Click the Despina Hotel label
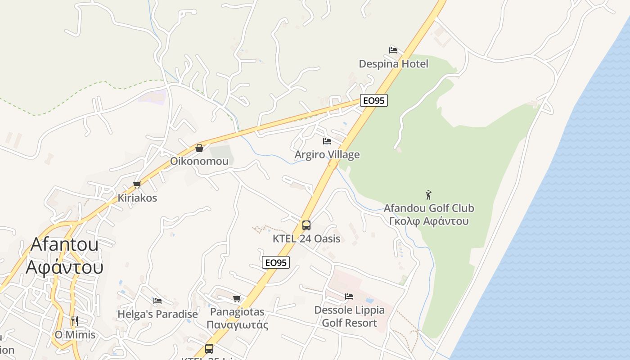tap(393, 64)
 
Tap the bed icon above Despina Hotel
tap(393, 50)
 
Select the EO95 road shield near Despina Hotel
tap(373, 100)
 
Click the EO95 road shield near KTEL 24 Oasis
tap(276, 262)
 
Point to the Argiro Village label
tap(327, 155)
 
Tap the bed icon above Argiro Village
tap(327, 141)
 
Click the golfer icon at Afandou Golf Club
tap(428, 195)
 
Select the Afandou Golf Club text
tap(428, 208)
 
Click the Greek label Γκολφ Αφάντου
tap(428, 221)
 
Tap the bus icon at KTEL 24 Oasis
tap(306, 225)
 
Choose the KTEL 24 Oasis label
tap(306, 238)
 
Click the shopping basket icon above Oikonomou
tap(199, 148)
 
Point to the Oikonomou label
tap(199, 161)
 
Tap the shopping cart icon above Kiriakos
tap(137, 184)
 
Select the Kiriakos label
tap(137, 198)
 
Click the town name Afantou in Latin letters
tap(64, 244)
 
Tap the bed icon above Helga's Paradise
tap(157, 301)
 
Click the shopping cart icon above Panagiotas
tap(237, 298)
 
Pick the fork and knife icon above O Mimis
tap(75, 321)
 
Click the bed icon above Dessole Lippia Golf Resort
tap(349, 296)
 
